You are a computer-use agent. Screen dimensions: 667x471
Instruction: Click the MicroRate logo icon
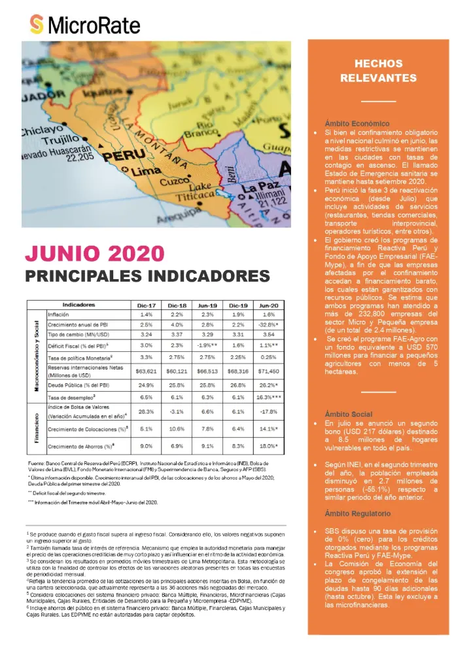(x=37, y=25)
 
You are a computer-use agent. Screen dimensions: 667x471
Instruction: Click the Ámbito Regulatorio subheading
(x=360, y=513)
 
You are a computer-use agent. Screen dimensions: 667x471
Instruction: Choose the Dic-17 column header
(x=146, y=305)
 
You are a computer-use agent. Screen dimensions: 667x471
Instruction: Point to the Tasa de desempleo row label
(x=73, y=398)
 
